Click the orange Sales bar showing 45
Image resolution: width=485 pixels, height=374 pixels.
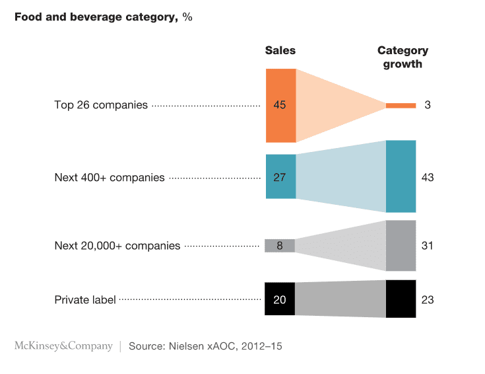[x=280, y=105]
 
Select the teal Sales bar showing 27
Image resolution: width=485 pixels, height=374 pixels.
[x=280, y=176]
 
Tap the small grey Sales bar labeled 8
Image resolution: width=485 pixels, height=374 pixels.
[x=280, y=245]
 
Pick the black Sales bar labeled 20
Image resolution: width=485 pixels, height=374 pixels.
[x=280, y=299]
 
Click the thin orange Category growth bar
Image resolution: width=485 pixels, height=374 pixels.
[x=401, y=105]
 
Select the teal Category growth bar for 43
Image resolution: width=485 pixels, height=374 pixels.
[x=401, y=176]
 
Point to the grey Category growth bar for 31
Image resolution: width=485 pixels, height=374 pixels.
[x=401, y=245]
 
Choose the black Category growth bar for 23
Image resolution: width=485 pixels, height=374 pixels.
[x=401, y=299]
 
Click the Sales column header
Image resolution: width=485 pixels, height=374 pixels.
[x=280, y=51]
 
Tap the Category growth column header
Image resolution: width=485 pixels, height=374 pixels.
[x=403, y=57]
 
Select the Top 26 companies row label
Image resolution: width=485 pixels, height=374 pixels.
[x=101, y=105]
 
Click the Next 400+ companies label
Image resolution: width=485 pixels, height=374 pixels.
[x=110, y=178]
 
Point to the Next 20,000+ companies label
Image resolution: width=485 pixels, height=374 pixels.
[x=117, y=246]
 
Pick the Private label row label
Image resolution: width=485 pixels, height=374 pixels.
[x=85, y=300]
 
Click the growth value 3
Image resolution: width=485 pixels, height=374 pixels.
[x=428, y=105]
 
